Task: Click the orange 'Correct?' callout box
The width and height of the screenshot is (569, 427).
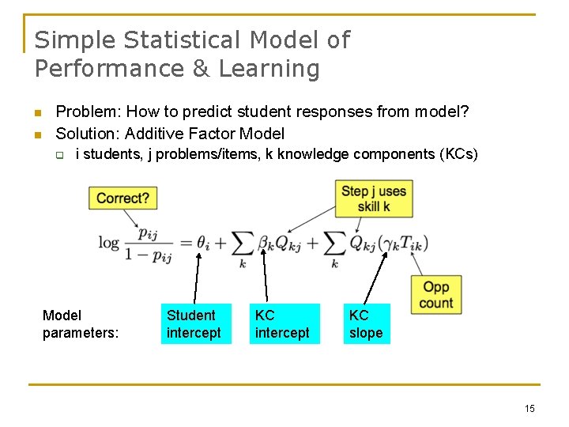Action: point(122,198)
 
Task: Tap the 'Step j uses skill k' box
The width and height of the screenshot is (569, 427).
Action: point(374,198)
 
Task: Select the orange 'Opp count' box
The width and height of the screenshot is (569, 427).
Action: point(436,295)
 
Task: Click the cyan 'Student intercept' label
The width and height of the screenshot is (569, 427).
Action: point(194,324)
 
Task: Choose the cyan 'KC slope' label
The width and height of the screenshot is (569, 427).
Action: point(366,324)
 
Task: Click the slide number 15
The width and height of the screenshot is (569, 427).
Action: point(529,408)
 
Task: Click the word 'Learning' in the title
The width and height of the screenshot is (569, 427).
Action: point(269,69)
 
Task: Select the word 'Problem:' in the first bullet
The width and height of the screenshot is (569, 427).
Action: point(88,112)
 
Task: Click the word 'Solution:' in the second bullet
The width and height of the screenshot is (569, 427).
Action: point(89,134)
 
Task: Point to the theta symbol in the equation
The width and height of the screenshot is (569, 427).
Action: point(203,242)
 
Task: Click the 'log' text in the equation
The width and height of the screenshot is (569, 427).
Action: point(109,242)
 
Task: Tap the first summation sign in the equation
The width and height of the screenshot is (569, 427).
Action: point(243,243)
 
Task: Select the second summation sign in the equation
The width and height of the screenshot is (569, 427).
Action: point(334,243)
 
